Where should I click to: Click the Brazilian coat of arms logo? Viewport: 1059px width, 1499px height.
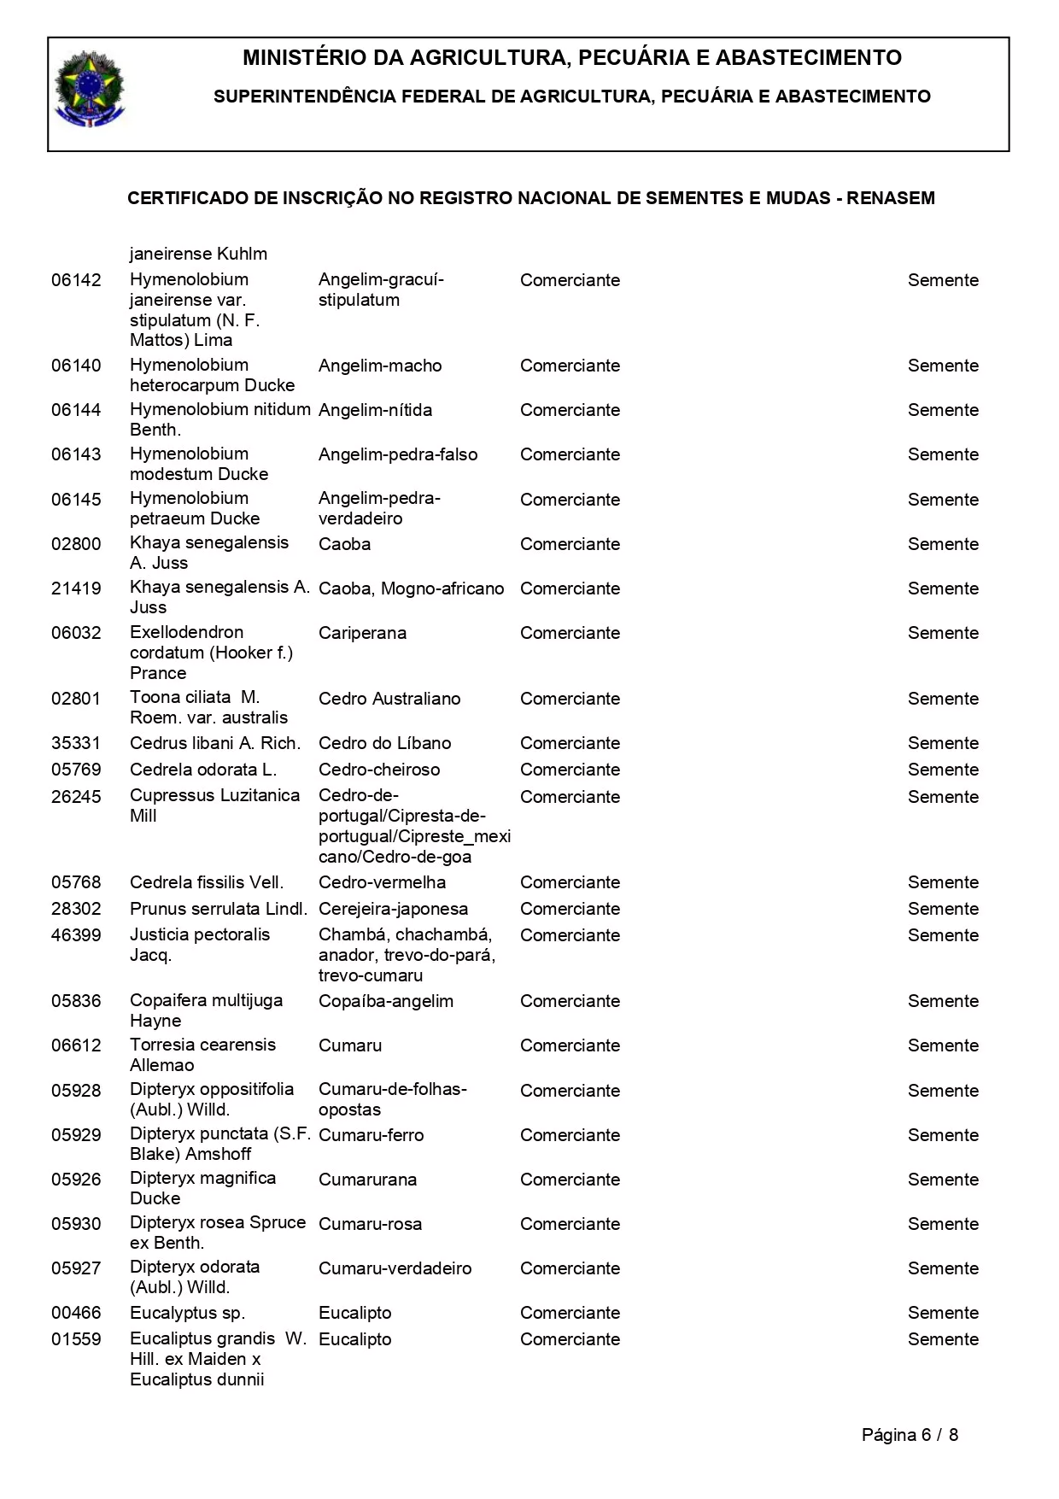[x=89, y=90]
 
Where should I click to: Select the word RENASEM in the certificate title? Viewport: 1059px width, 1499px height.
[x=891, y=198]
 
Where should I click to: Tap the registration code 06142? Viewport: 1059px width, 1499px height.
[x=76, y=280]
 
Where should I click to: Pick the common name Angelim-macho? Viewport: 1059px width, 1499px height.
[x=380, y=366]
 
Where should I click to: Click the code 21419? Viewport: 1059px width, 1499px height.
[x=76, y=588]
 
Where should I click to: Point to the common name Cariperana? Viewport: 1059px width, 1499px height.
[x=362, y=633]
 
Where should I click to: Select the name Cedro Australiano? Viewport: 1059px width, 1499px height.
[x=389, y=699]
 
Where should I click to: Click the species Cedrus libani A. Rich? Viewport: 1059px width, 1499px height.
[x=215, y=743]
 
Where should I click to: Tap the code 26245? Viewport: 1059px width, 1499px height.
[x=76, y=797]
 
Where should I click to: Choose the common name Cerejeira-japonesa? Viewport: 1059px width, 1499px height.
[x=393, y=909]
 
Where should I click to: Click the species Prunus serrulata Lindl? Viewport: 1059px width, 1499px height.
[x=219, y=909]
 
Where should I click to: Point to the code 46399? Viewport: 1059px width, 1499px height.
[x=76, y=935]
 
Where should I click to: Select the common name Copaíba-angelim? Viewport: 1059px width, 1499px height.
[x=386, y=1001]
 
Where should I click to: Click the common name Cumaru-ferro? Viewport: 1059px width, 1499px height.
[x=371, y=1135]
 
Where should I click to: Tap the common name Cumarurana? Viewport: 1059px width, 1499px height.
[x=367, y=1180]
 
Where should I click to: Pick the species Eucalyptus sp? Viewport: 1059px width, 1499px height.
[x=187, y=1313]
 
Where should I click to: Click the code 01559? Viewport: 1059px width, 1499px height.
[x=76, y=1339]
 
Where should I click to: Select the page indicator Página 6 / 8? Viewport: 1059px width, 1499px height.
[x=910, y=1435]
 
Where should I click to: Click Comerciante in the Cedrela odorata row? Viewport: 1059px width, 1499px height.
[x=570, y=770]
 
